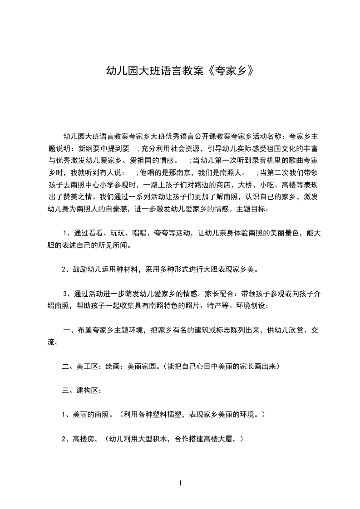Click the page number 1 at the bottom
[x=180, y=483]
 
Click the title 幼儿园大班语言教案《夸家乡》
[x=180, y=70]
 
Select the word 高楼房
[x=83, y=439]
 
